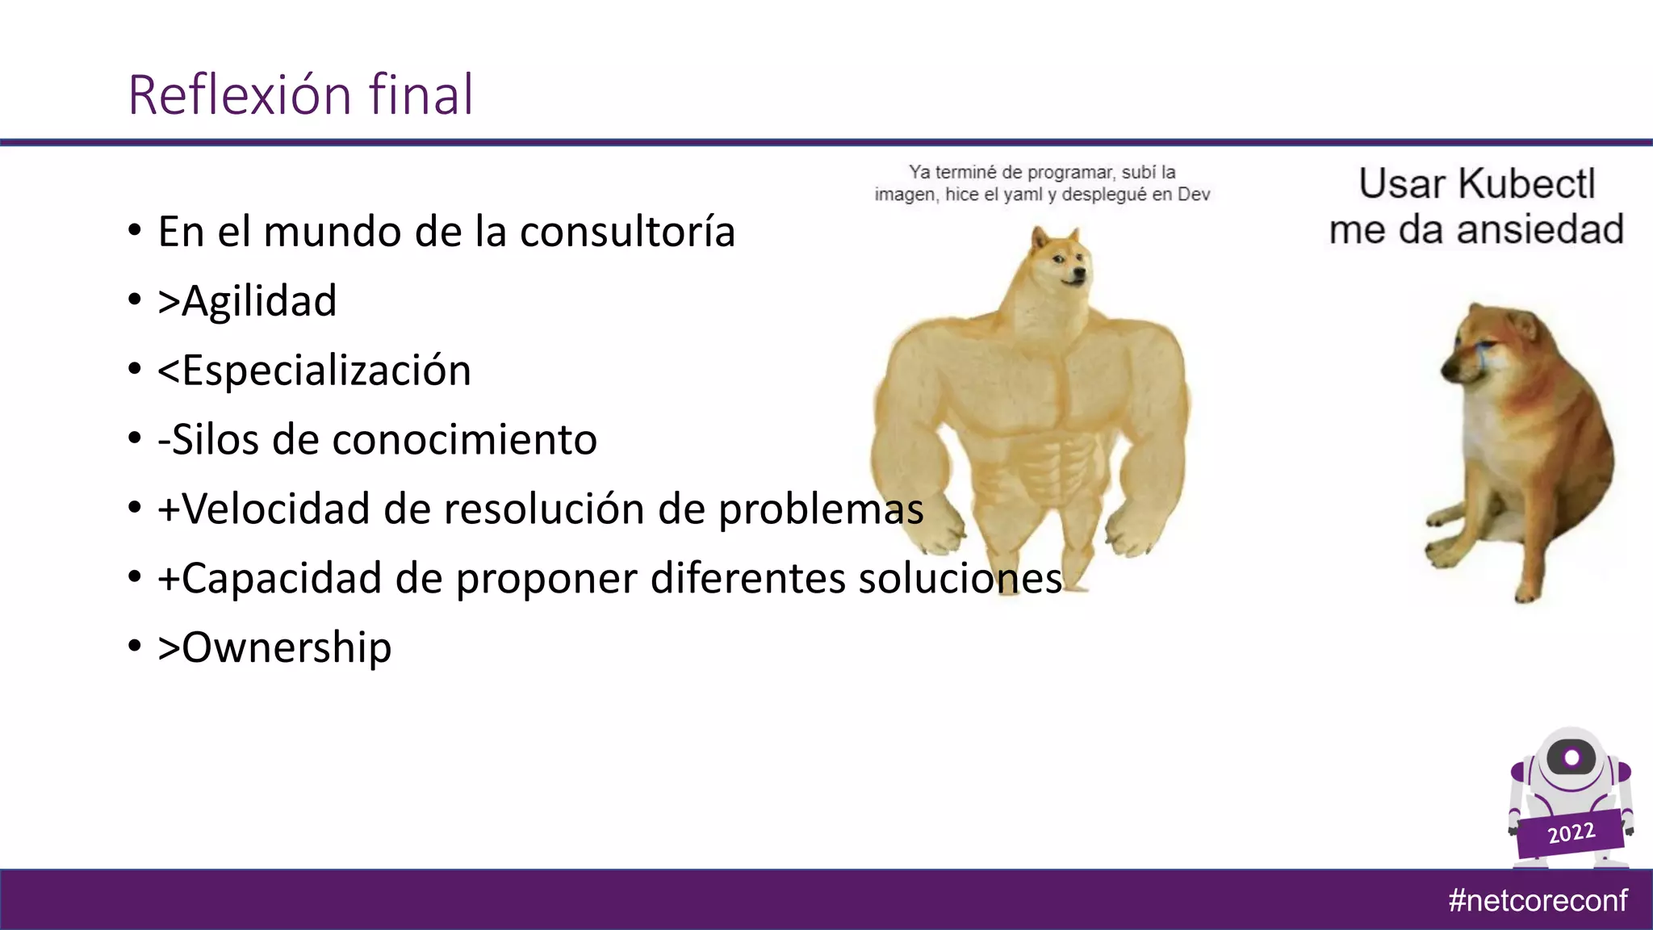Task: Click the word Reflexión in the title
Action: [240, 95]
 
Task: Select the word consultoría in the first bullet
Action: [627, 232]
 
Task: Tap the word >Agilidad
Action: [247, 301]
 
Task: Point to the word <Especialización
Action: [314, 371]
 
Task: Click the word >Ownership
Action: [274, 647]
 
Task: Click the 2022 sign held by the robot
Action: [1571, 832]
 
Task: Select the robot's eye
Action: [1571, 757]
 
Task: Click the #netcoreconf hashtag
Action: [1538, 900]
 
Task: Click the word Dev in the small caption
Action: [1194, 195]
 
